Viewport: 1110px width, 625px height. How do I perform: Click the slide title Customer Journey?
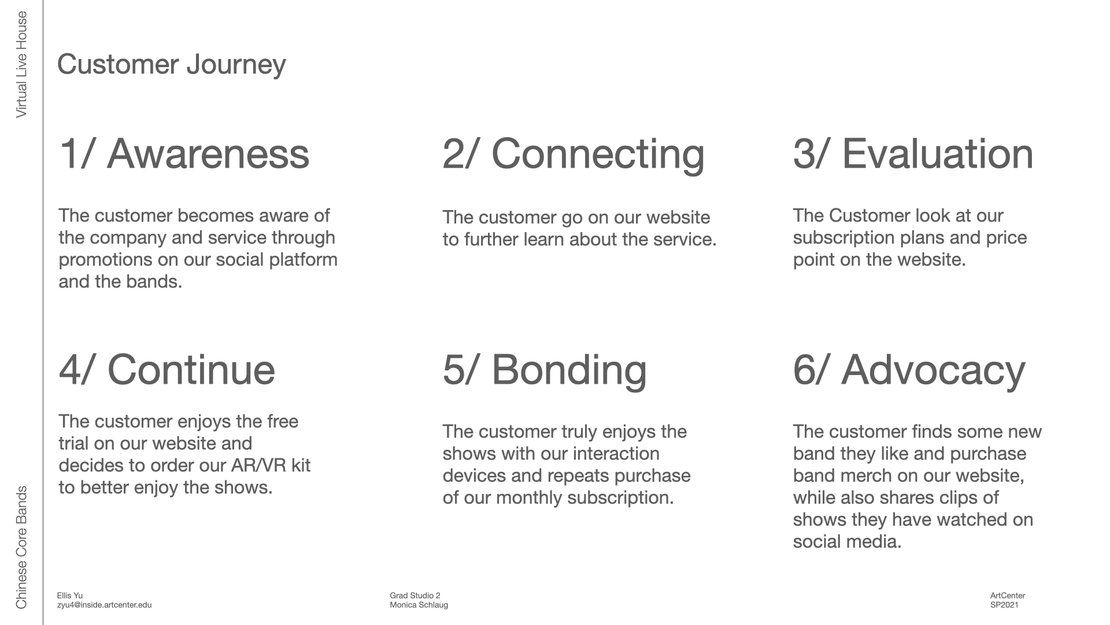pyautogui.click(x=171, y=65)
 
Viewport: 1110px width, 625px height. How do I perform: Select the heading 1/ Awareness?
pyautogui.click(x=184, y=154)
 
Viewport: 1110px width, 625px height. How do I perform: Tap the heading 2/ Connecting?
pyautogui.click(x=573, y=155)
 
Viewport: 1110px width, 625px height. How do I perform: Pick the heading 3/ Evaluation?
pyautogui.click(x=913, y=154)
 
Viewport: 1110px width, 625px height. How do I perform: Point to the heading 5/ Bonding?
pyautogui.click(x=545, y=371)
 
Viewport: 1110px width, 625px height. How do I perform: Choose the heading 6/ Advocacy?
pyautogui.click(x=909, y=371)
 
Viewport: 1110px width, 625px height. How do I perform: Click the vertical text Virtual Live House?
pyautogui.click(x=21, y=65)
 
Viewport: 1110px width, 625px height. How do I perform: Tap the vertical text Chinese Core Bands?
pyautogui.click(x=21, y=547)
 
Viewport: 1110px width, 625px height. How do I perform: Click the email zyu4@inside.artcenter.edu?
pyautogui.click(x=104, y=605)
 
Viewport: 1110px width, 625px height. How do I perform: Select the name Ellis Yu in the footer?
pyautogui.click(x=69, y=595)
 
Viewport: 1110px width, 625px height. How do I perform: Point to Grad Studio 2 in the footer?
pyautogui.click(x=415, y=595)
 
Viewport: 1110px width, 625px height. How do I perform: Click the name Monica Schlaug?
pyautogui.click(x=419, y=605)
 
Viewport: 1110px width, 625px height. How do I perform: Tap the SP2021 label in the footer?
pyautogui.click(x=1004, y=605)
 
